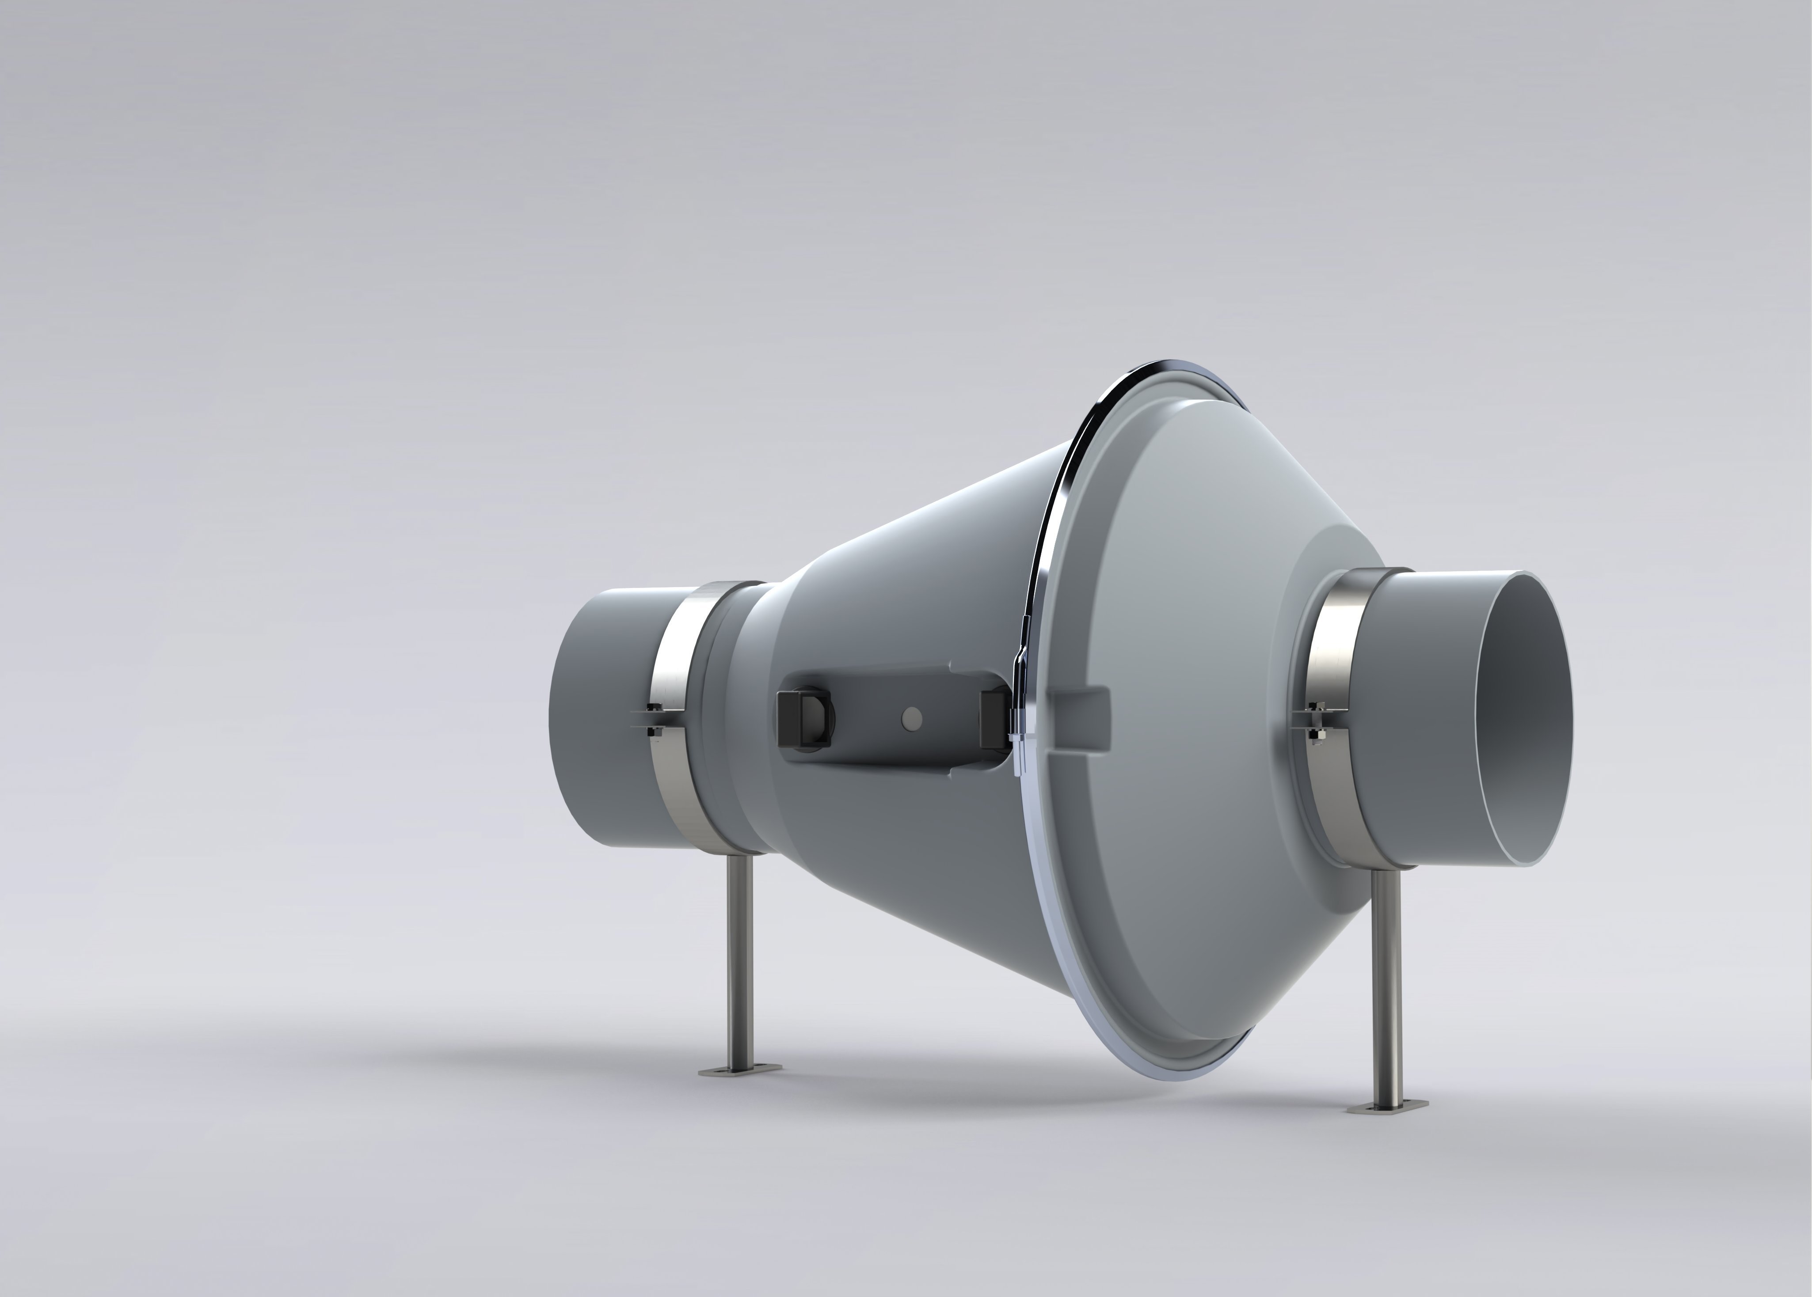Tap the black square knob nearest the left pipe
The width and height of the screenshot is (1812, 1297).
pyautogui.click(x=803, y=719)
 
